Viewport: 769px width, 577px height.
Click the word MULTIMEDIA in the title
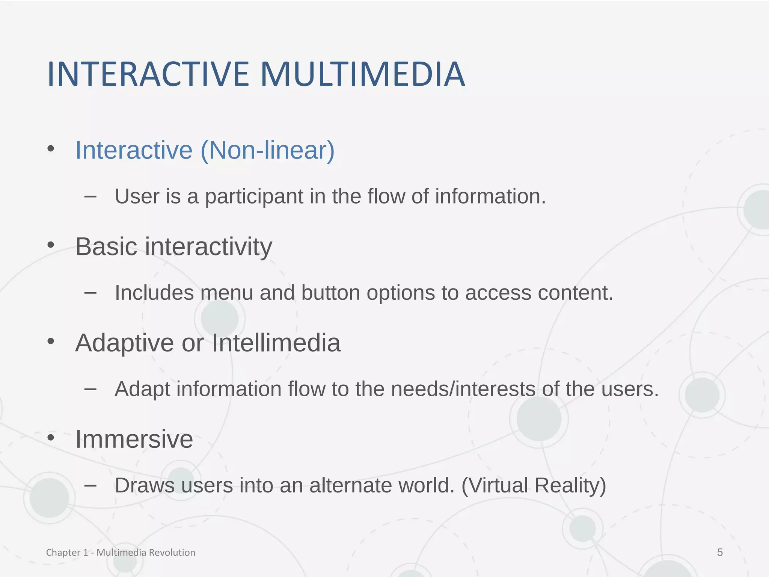coord(362,74)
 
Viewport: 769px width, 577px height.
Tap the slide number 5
coord(720,552)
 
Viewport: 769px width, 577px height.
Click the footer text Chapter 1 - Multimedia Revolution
coord(121,552)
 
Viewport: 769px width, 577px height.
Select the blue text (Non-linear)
coord(267,150)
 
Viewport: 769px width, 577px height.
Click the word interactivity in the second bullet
coord(208,247)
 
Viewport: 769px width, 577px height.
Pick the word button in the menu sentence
coord(330,293)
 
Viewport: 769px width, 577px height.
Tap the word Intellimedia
coord(276,343)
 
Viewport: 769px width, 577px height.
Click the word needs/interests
coord(463,389)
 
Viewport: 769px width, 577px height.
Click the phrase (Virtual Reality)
coord(534,485)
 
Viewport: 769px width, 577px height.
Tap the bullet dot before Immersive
coord(51,438)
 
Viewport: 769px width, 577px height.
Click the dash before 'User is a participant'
coord(90,196)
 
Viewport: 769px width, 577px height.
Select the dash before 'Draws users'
coord(90,485)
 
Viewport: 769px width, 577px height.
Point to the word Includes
coord(154,293)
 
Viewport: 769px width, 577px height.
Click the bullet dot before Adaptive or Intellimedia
coord(51,341)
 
